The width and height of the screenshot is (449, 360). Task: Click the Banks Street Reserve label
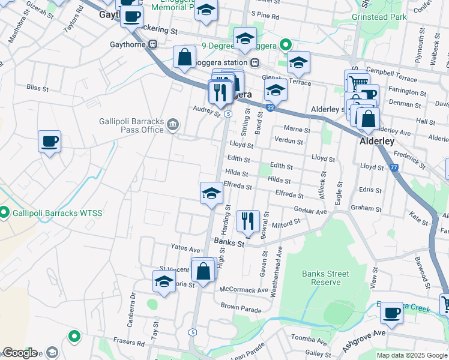click(325, 278)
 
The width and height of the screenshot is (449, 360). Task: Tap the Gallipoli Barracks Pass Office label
click(131, 125)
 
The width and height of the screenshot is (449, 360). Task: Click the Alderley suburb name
click(376, 142)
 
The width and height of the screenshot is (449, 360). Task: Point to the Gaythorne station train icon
click(153, 44)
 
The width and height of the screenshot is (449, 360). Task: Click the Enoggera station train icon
click(255, 62)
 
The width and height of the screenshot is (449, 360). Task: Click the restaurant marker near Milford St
click(247, 221)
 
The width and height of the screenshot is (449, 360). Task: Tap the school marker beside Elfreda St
click(211, 194)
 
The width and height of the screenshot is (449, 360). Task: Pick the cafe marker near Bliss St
click(49, 142)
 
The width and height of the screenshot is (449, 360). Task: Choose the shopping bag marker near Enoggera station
click(185, 58)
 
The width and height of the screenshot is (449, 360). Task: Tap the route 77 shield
click(394, 169)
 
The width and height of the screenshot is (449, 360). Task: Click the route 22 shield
click(271, 107)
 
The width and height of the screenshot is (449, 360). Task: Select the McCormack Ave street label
click(244, 290)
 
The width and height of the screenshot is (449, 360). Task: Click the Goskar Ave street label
click(310, 212)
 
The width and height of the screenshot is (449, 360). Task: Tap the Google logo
click(19, 353)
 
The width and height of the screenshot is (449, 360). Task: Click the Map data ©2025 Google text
click(411, 355)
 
